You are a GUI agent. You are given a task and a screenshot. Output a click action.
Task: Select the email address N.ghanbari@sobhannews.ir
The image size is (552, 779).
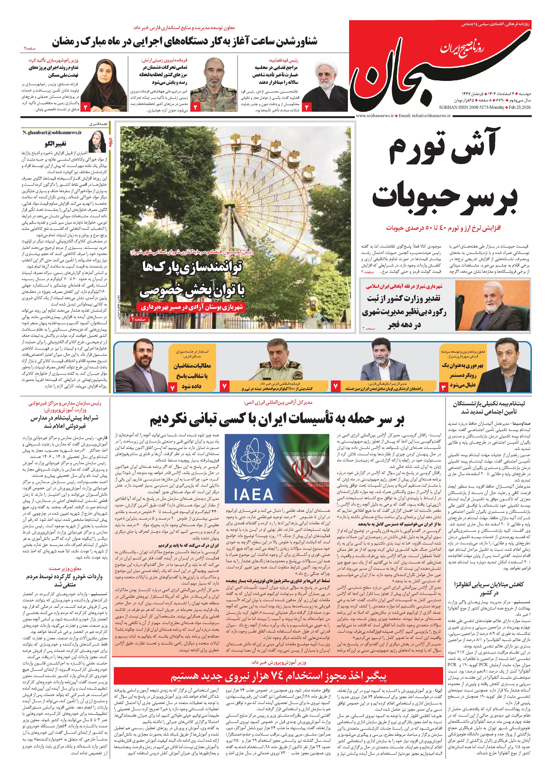[x=53, y=133]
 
